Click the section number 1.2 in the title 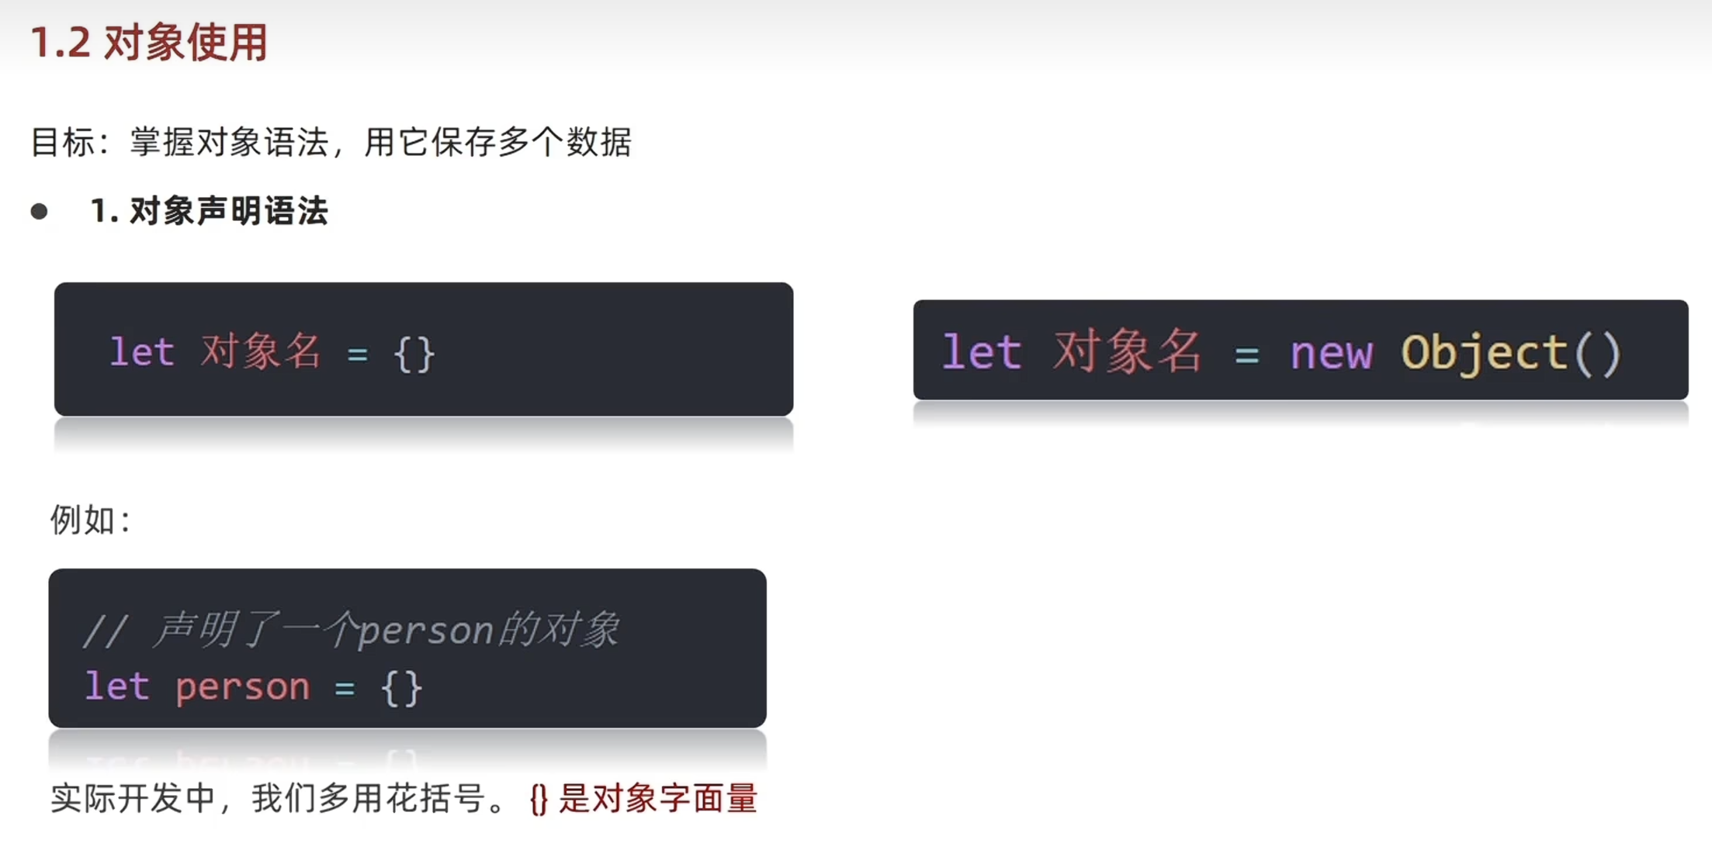[61, 43]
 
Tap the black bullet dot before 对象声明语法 [39, 212]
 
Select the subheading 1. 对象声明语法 [209, 211]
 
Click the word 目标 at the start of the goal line [63, 143]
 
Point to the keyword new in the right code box [1331, 354]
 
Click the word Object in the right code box [1485, 354]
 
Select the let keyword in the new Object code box [981, 354]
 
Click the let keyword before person [116, 687]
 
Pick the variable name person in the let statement [242, 687]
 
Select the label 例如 [83, 520]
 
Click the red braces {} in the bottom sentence [539, 800]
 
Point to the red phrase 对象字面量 [674, 799]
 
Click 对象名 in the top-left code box [261, 352]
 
